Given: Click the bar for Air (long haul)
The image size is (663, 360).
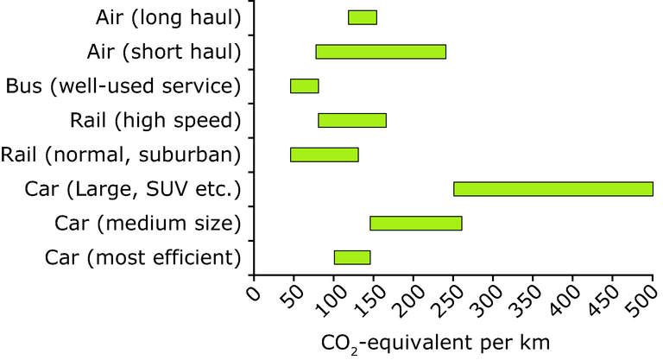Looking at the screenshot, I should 362,17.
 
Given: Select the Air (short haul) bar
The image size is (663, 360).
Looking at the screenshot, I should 381,52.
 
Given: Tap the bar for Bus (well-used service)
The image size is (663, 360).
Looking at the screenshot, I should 304,86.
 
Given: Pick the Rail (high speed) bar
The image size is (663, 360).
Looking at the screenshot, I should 351,120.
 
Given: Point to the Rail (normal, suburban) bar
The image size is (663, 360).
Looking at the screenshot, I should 324,155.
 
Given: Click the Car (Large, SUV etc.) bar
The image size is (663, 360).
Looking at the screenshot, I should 552,189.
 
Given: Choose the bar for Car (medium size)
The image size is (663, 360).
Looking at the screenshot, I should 415,224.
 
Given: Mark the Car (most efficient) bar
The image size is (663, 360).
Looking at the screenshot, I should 351,257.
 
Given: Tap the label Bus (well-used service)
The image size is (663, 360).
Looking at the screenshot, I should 122,86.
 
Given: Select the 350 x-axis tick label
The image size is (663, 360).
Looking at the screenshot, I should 523,301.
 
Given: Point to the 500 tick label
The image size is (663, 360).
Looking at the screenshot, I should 643,301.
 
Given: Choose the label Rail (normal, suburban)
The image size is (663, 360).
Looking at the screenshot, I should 119,155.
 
